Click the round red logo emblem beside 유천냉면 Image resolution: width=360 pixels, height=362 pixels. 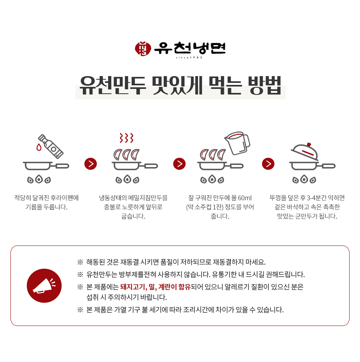click(x=143, y=49)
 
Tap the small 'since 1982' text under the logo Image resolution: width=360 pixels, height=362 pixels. click(x=189, y=58)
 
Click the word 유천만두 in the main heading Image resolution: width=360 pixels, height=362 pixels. click(x=112, y=85)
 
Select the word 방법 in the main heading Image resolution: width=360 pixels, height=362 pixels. click(x=264, y=85)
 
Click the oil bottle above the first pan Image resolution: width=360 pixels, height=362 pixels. click(x=51, y=147)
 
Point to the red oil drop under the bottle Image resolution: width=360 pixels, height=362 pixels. click(x=39, y=147)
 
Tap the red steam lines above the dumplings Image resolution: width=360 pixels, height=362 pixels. click(x=126, y=138)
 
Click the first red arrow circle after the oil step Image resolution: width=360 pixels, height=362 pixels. click(x=91, y=164)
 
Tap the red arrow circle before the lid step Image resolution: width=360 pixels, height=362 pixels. click(x=268, y=164)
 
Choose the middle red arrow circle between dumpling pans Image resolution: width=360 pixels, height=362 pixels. click(x=179, y=164)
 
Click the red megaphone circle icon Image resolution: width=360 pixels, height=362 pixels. click(x=44, y=286)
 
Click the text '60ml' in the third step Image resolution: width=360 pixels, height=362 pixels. click(x=245, y=198)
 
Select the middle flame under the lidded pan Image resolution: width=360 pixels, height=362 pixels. click(x=304, y=179)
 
